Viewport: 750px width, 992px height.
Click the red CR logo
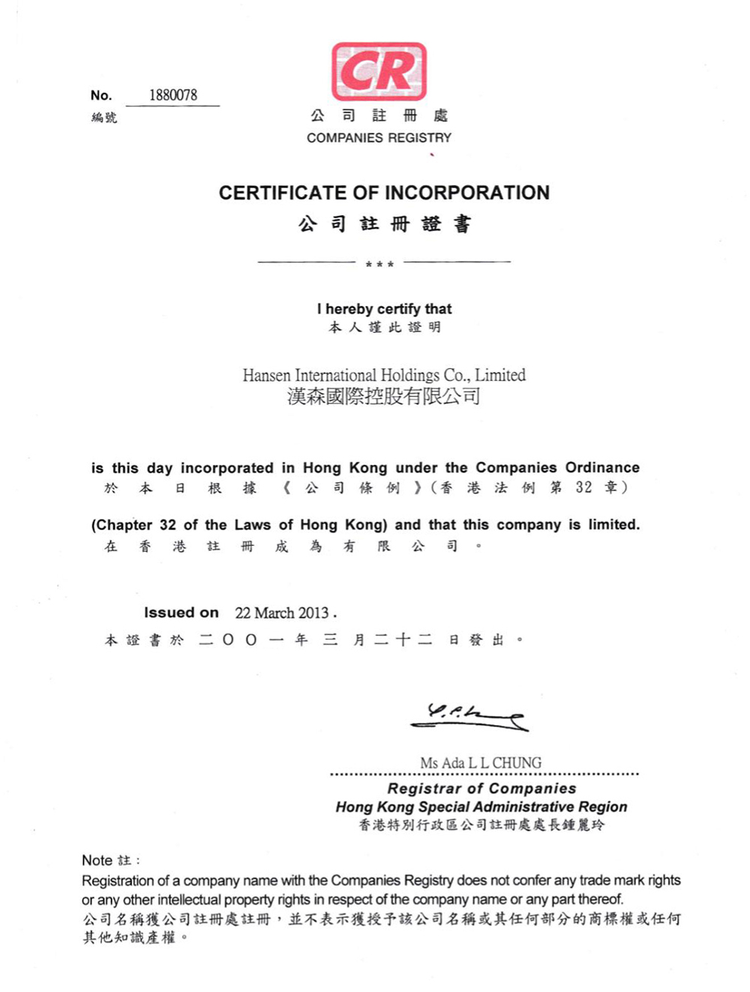379,72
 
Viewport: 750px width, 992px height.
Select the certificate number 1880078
172,95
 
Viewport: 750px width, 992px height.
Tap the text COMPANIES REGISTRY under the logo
379,138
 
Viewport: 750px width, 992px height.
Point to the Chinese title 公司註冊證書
384,224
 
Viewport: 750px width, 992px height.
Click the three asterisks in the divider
379,264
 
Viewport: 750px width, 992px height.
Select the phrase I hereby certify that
384,309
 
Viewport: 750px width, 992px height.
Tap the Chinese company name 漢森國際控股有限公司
383,396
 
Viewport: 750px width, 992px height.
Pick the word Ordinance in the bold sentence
602,467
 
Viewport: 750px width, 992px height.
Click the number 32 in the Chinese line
583,487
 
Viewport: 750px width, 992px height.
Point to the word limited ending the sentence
613,525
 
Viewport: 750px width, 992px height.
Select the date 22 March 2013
282,613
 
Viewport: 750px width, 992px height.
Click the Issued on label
181,613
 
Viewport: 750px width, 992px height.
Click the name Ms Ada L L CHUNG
481,763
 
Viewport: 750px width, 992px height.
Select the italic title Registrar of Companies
481,788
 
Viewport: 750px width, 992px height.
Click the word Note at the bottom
97,860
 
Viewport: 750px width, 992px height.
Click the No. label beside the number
100,95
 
